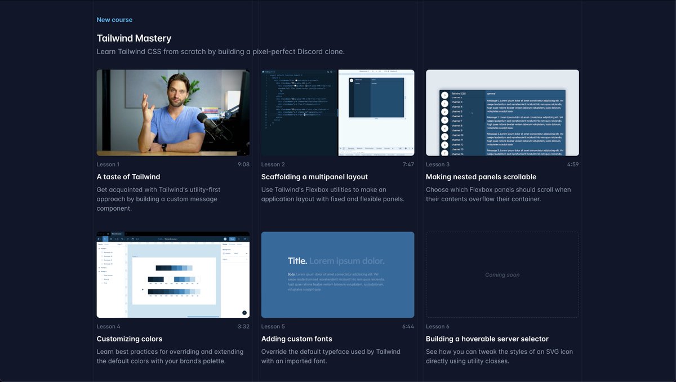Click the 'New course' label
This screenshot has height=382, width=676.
click(114, 20)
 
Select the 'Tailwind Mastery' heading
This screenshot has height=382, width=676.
click(134, 38)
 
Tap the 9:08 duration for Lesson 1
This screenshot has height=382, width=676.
click(243, 165)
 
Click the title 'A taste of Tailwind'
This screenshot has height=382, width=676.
click(128, 177)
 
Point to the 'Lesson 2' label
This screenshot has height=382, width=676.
click(273, 165)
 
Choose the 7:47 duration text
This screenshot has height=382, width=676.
click(408, 165)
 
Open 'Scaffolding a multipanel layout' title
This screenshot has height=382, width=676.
click(314, 177)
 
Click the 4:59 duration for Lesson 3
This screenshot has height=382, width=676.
click(572, 165)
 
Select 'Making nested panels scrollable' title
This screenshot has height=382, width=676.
click(481, 177)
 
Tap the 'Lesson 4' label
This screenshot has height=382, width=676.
click(109, 327)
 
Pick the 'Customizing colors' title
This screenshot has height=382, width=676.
click(130, 339)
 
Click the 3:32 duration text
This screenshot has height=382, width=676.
click(243, 327)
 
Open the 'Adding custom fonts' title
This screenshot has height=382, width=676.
click(297, 339)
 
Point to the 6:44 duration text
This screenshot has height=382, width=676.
click(408, 327)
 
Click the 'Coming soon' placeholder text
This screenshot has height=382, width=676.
click(502, 275)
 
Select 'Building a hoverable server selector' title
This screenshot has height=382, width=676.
click(487, 339)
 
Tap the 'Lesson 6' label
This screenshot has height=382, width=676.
click(438, 327)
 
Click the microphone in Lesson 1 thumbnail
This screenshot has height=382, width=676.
click(210, 123)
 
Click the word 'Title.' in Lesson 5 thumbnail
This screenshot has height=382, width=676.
click(297, 261)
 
